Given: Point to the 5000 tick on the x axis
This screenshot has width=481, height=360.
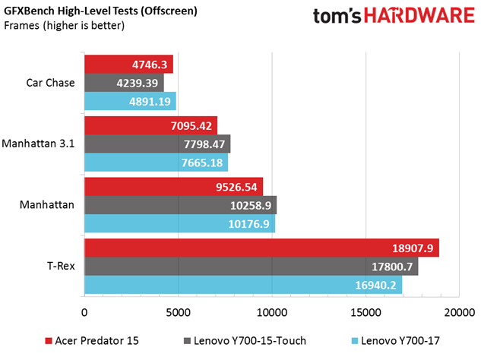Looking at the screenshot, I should (178, 312).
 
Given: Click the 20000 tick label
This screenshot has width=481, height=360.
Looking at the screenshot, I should (458, 312).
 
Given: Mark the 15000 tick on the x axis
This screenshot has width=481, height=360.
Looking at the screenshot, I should (365, 312).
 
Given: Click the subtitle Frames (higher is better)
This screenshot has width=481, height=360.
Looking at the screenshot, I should (64, 26).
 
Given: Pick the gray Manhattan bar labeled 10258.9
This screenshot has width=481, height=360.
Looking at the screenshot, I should (180, 205).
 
